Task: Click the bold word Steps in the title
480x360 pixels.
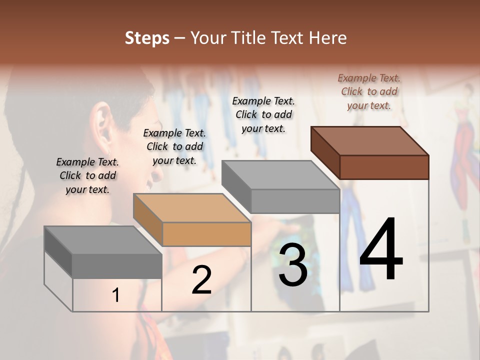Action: pos(147,38)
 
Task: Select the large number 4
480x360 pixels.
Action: pos(381,249)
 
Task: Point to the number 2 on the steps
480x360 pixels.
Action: pos(201,280)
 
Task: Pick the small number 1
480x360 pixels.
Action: pos(116,295)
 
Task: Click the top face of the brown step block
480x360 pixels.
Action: pos(370,140)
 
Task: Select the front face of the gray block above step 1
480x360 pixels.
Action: pos(117,266)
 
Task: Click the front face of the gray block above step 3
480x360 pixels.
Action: pos(295,201)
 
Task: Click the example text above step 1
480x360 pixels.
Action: pos(87,175)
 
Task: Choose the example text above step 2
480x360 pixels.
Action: pos(174,146)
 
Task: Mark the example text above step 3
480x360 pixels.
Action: pos(263,114)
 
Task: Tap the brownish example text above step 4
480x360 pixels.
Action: pos(369,91)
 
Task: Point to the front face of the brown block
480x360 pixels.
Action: pos(384,167)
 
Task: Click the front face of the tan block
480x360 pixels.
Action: pos(206,234)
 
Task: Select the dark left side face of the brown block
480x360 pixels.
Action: pos(325,152)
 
